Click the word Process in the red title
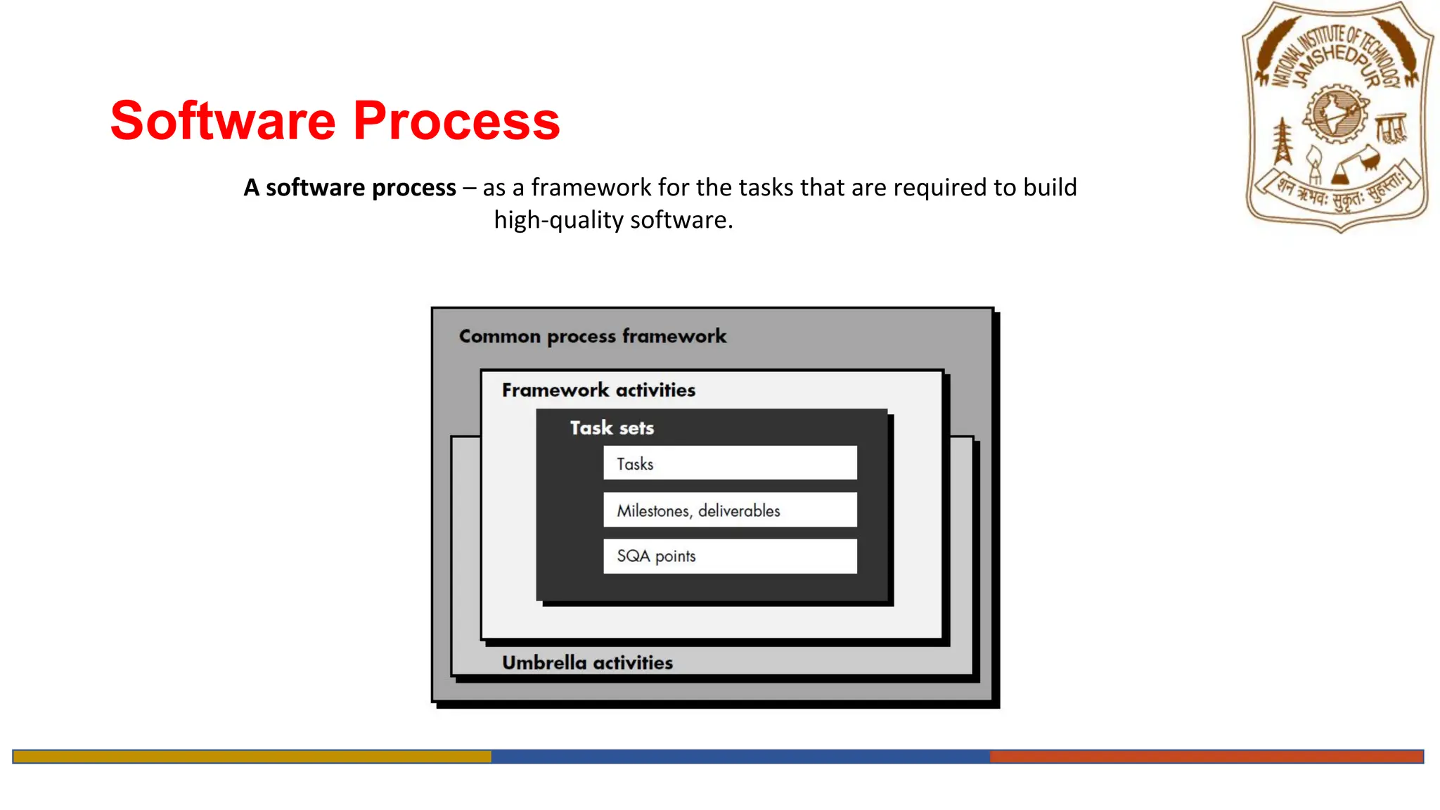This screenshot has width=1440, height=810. tap(456, 120)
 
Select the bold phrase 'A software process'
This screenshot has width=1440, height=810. tap(349, 188)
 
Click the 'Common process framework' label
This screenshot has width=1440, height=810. tap(593, 336)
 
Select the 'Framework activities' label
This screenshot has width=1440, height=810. tap(598, 390)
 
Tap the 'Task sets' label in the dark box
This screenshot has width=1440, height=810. tap(612, 428)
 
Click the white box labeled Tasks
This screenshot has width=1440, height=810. tap(730, 463)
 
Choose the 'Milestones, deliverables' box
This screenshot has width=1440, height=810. tap(730, 510)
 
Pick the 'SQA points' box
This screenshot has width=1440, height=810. tap(730, 556)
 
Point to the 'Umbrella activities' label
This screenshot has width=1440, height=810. tap(587, 662)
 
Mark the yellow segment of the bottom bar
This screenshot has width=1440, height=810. tap(252, 757)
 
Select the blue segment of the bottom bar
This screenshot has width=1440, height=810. tap(740, 757)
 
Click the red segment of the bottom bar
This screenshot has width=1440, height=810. tap(1207, 757)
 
